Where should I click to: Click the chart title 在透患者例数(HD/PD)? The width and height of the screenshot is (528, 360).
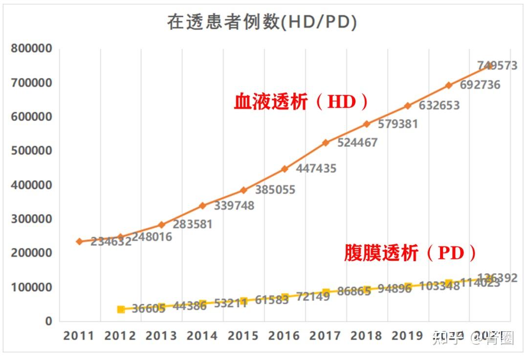pos(262,22)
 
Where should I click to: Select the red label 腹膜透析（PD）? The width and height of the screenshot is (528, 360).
pos(410,253)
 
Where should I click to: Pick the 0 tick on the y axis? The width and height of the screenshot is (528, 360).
pos(48,321)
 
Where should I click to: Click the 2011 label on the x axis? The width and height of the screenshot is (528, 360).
pos(79,336)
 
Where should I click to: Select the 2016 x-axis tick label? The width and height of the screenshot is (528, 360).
pos(284,336)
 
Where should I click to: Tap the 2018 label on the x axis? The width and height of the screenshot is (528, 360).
pos(366,336)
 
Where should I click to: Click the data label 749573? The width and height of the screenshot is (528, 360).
pos(497,66)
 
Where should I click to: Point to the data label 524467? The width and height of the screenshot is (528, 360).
pos(357,143)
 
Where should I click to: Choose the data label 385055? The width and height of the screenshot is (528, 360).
pos(275,190)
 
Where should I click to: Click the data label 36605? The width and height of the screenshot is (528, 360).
pos(149,309)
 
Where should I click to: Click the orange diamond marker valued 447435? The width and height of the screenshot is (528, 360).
pos(285,169)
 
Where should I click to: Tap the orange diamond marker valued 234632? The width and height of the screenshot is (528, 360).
pos(79,242)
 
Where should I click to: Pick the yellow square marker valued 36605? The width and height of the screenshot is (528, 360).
pos(121,309)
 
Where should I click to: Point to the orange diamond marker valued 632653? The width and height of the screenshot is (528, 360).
pos(407,106)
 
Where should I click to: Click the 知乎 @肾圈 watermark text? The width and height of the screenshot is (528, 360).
pos(472,338)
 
